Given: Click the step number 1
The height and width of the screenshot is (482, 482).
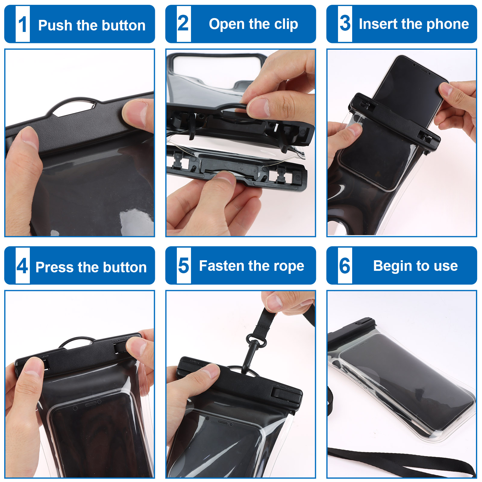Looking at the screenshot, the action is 23,24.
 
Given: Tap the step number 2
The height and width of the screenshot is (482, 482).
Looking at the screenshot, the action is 183,23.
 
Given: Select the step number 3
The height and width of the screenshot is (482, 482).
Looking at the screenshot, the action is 345,23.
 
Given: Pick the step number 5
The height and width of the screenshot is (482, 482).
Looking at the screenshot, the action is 183,265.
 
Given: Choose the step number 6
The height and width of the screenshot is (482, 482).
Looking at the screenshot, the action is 345,265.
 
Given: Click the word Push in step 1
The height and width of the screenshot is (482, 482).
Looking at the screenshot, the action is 55,25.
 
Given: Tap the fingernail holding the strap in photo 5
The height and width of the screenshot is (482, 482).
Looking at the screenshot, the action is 274,302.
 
